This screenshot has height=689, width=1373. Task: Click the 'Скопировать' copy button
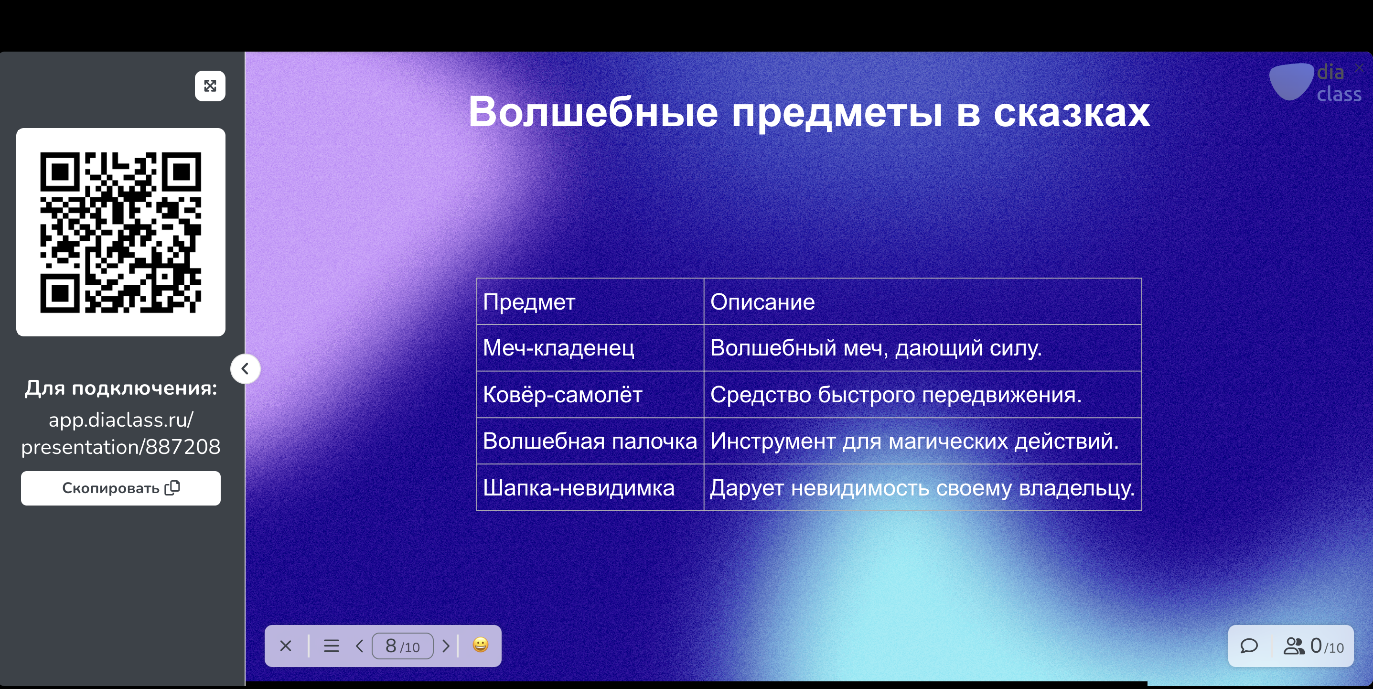[120, 488]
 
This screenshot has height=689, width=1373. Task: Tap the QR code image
[120, 232]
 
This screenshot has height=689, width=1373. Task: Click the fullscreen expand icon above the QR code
[210, 86]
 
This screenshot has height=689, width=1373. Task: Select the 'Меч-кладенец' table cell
[590, 348]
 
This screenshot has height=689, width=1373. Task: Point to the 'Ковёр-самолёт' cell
[590, 395]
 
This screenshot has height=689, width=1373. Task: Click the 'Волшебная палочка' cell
[590, 441]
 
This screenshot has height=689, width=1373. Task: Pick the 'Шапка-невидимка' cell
[590, 487]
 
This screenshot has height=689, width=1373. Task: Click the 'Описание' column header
[922, 301]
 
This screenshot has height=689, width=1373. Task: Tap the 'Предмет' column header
[590, 301]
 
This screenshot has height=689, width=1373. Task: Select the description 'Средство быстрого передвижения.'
[896, 395]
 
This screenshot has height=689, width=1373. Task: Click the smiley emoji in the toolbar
[480, 645]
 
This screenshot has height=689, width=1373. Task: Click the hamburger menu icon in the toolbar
[332, 646]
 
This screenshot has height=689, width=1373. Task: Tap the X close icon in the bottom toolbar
[286, 646]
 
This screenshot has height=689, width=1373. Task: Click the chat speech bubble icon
[1249, 646]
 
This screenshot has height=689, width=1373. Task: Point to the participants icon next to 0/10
[1294, 646]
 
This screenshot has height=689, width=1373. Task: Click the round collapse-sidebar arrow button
[245, 368]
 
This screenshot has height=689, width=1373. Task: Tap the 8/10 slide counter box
[402, 646]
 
